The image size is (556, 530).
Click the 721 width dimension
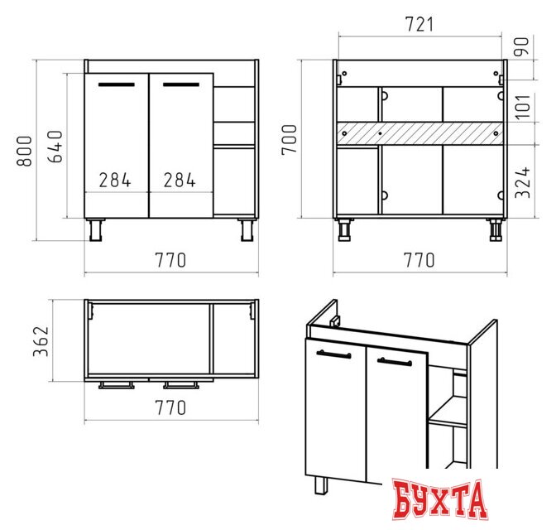pyautogui.click(x=419, y=25)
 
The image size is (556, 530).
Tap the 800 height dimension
pyautogui.click(x=25, y=151)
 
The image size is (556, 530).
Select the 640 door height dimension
pyautogui.click(x=55, y=147)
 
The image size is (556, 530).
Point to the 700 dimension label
pyautogui.click(x=290, y=139)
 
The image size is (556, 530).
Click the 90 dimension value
pyautogui.click(x=521, y=46)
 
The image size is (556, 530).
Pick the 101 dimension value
pyautogui.click(x=523, y=107)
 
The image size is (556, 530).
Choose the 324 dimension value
pyautogui.click(x=523, y=182)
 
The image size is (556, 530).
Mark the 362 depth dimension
pyautogui.click(x=41, y=341)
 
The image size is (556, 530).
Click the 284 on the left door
pyautogui.click(x=115, y=180)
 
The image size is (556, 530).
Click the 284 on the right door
pyautogui.click(x=180, y=180)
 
